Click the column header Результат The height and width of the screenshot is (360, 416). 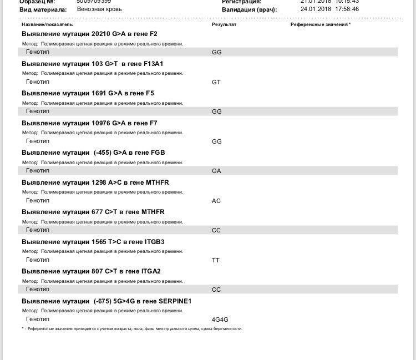(x=224, y=25)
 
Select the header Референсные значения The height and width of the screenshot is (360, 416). (x=319, y=25)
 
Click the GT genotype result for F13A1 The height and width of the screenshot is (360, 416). (x=216, y=82)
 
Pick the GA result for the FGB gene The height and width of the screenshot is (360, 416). (x=216, y=171)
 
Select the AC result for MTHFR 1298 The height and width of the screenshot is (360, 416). (x=216, y=201)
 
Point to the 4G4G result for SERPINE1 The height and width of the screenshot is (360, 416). (x=220, y=320)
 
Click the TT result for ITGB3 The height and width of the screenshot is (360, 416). (x=216, y=260)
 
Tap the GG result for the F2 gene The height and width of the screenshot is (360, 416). (x=217, y=52)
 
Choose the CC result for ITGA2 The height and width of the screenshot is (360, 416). (x=216, y=290)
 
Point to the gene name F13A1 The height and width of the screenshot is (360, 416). (x=151, y=64)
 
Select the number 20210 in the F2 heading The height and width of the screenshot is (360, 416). (x=101, y=34)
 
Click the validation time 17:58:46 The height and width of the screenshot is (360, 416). (x=346, y=9)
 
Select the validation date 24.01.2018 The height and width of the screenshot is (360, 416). (x=315, y=9)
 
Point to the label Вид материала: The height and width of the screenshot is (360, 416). (x=43, y=9)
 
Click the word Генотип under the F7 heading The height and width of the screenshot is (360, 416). (x=38, y=141)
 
